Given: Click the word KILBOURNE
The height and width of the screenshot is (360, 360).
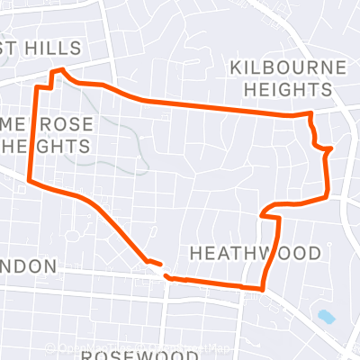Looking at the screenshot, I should click(x=281, y=68).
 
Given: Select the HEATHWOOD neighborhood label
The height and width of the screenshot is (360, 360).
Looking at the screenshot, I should click(x=255, y=253).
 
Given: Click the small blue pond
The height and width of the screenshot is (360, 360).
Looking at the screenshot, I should click(x=326, y=317).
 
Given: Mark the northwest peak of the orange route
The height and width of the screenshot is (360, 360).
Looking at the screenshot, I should click(x=58, y=70).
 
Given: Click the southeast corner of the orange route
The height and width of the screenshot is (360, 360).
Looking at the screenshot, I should click(x=262, y=289).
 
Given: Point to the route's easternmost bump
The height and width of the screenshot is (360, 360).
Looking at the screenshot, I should click(x=329, y=148).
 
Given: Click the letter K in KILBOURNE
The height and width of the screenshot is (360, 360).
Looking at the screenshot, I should click(x=236, y=68).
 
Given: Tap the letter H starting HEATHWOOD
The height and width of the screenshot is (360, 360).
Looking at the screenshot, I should click(x=196, y=253).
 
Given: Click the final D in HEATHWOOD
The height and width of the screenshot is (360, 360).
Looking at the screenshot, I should click(x=313, y=253).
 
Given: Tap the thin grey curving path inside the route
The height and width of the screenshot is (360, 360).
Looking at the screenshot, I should click(x=135, y=144).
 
